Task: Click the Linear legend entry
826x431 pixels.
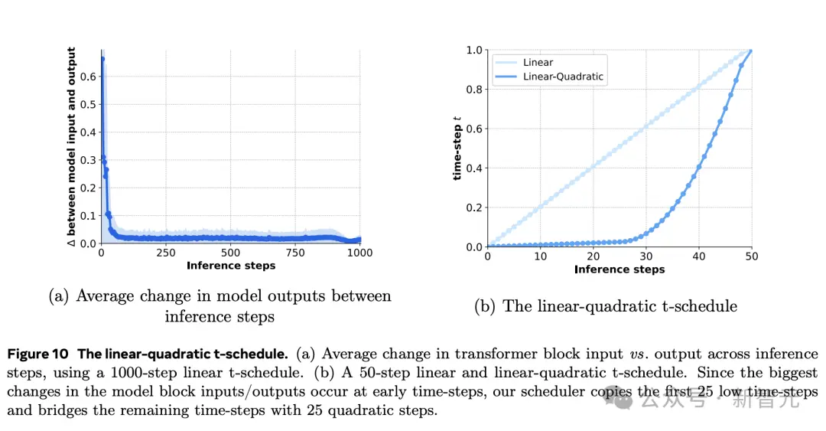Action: point(538,62)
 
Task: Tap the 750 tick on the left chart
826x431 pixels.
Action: point(294,253)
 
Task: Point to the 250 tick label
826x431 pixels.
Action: point(165,253)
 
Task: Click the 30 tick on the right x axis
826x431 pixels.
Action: point(646,256)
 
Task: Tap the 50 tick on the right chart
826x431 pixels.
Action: point(752,256)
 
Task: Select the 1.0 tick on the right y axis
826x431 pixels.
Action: point(474,50)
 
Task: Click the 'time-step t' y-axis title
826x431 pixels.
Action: point(457,149)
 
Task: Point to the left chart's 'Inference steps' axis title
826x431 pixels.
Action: point(230,266)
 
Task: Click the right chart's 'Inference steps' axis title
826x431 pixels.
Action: point(619,269)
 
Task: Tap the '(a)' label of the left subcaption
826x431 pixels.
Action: point(60,296)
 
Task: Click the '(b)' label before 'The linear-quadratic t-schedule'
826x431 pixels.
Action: point(485,306)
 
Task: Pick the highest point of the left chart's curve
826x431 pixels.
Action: point(102,59)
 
